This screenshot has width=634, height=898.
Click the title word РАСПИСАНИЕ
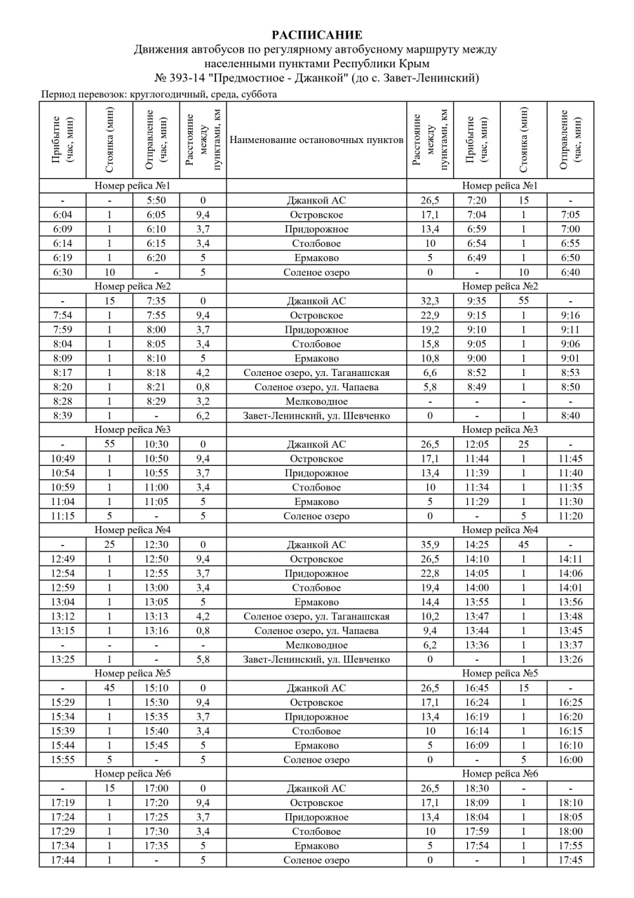tap(317, 34)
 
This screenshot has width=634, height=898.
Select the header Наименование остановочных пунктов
tap(316, 140)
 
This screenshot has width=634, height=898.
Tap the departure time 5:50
tap(156, 201)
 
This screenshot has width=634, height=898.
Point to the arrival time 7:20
tap(476, 201)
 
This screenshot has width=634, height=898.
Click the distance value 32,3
tap(430, 301)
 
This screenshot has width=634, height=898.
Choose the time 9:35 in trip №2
tap(476, 301)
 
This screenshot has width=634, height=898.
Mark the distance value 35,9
tap(430, 544)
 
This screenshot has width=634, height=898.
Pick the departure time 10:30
tap(156, 444)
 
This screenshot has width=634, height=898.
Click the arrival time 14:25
tap(476, 544)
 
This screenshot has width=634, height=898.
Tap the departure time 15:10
tap(156, 688)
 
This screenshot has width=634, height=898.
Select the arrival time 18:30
tap(476, 789)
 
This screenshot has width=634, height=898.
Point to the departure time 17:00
tap(156, 789)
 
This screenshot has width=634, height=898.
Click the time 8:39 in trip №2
tap(62, 415)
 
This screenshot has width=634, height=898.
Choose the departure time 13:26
tap(571, 659)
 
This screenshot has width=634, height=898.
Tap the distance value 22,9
tap(430, 316)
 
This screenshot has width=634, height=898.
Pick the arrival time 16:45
tap(476, 688)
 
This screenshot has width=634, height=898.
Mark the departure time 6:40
tap(571, 272)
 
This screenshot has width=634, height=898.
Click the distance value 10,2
tap(430, 617)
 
